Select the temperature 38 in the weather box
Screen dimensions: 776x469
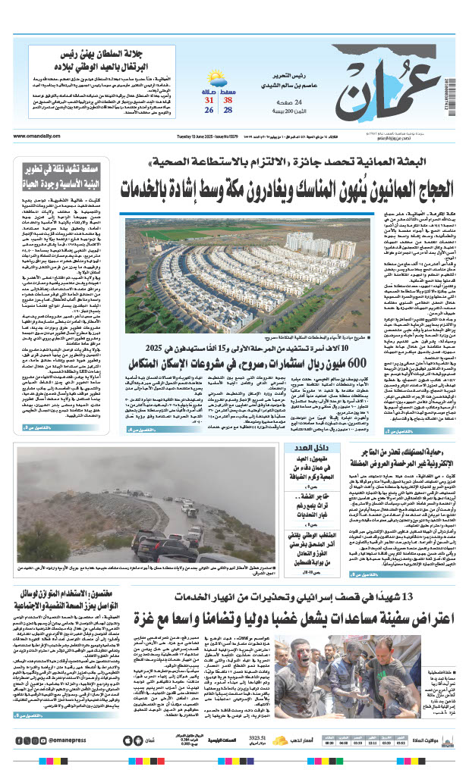click(x=228, y=99)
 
